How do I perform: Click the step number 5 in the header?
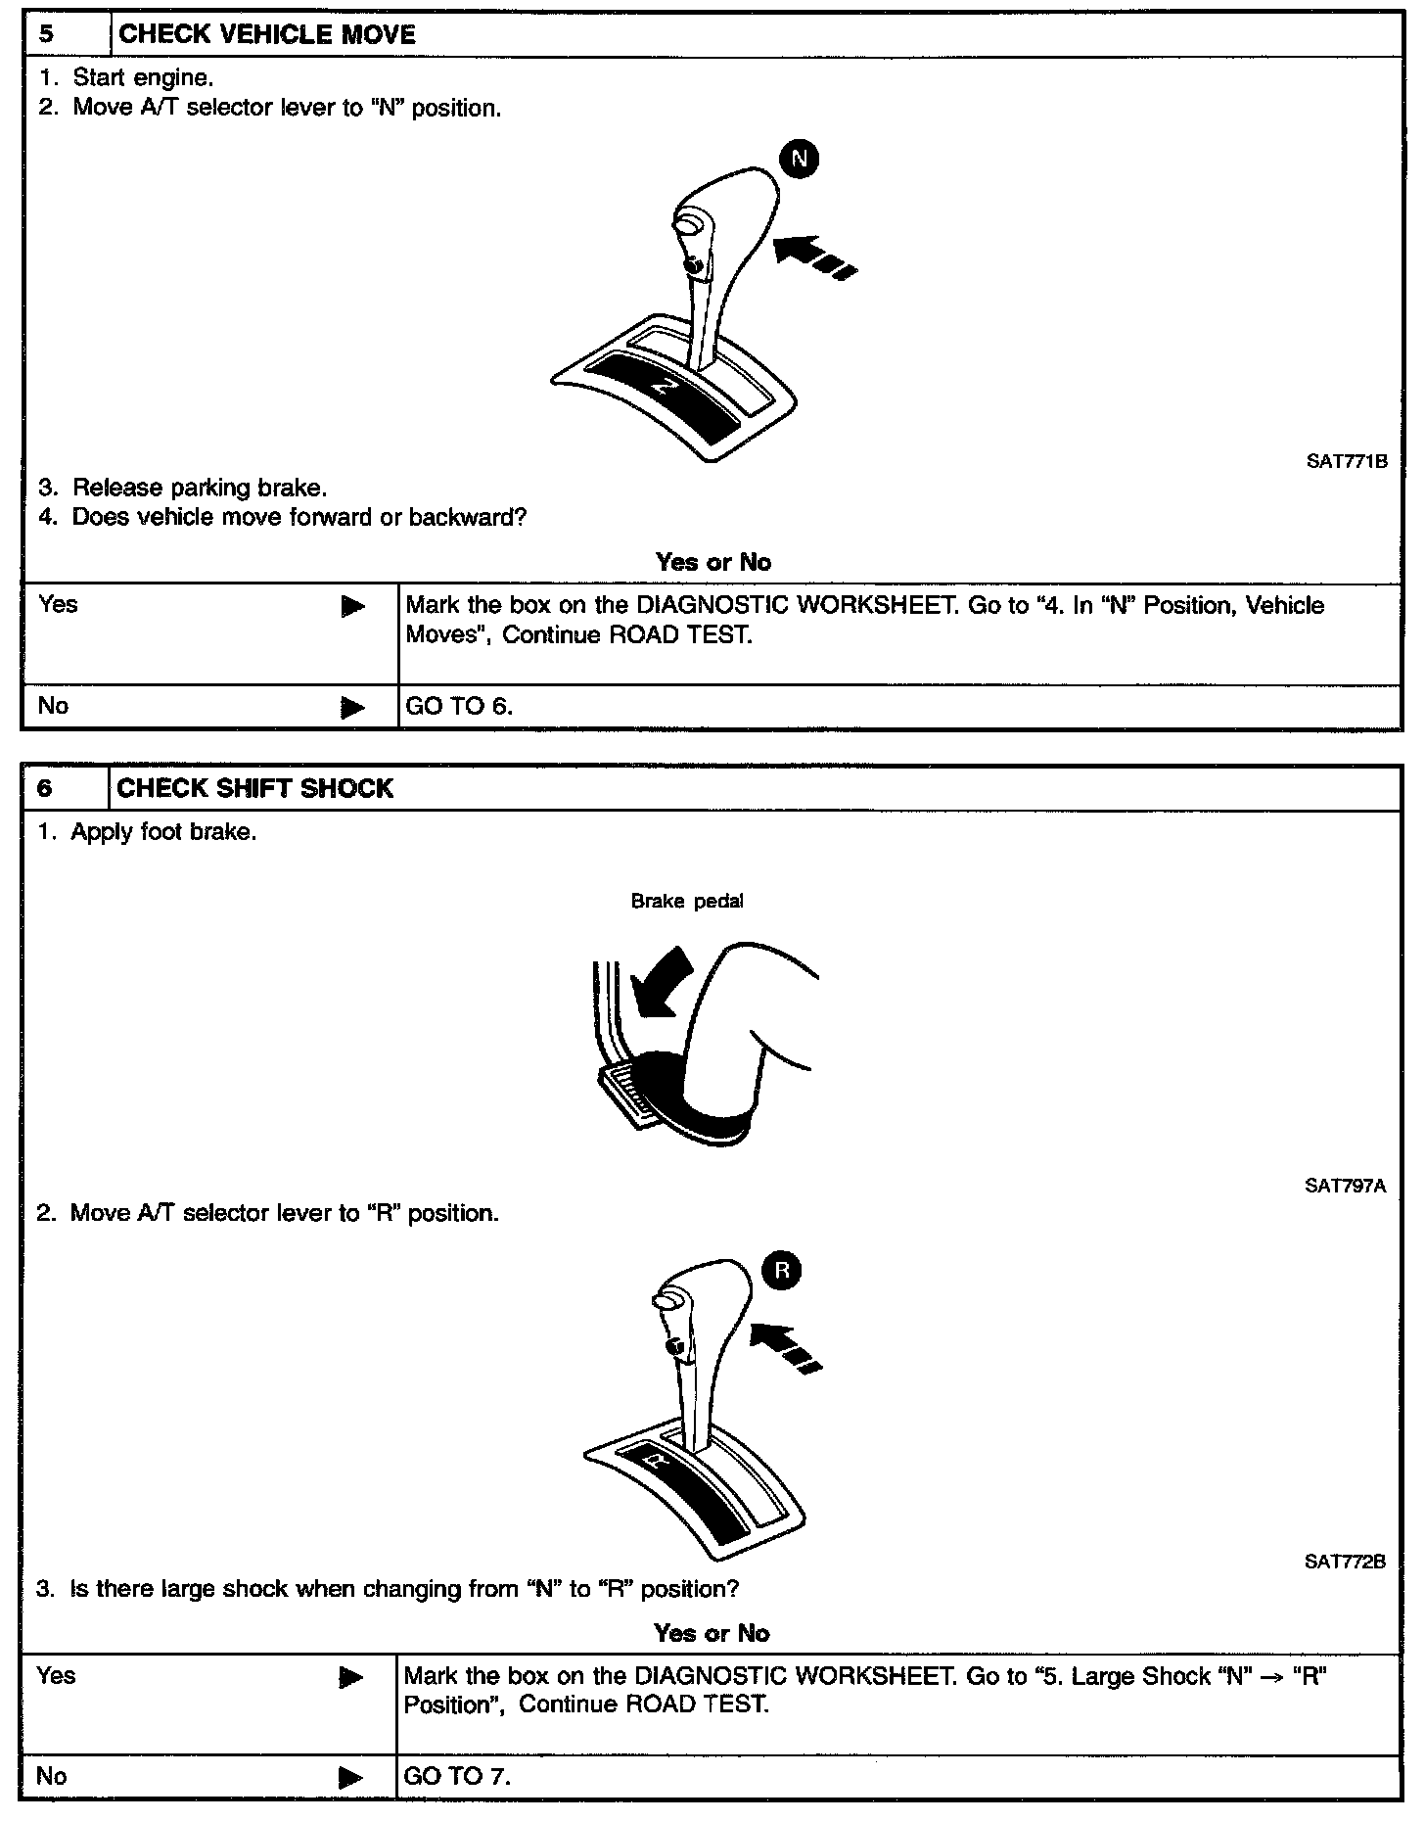point(45,35)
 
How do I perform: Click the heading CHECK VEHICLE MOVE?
point(266,35)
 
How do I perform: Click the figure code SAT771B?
point(1346,462)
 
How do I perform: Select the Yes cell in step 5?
point(59,605)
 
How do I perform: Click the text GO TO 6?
point(459,706)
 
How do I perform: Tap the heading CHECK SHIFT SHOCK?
point(254,789)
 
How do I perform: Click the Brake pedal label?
point(686,902)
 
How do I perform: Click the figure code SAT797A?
point(1345,1187)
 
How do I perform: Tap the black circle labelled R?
point(781,1272)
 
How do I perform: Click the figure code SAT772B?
point(1345,1563)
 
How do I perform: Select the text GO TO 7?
point(457,1776)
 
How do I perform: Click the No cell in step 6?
point(52,1776)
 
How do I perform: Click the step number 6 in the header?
point(44,789)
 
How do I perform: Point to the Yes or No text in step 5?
point(712,563)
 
